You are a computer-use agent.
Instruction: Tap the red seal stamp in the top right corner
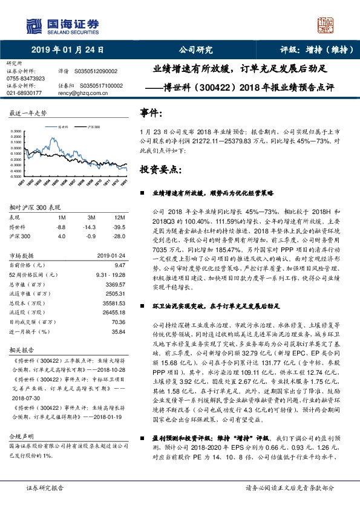(x=326, y=25)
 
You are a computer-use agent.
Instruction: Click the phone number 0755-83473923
(x=25, y=79)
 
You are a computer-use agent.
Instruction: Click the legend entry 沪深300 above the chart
(x=93, y=128)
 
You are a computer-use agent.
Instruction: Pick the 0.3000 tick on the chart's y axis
(x=17, y=131)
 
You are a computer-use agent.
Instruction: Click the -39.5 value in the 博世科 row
(x=119, y=226)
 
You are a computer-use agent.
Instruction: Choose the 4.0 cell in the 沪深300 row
(x=61, y=235)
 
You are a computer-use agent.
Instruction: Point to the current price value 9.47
(x=119, y=264)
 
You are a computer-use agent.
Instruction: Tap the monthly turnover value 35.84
(x=118, y=331)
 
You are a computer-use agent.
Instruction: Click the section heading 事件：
(x=151, y=113)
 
